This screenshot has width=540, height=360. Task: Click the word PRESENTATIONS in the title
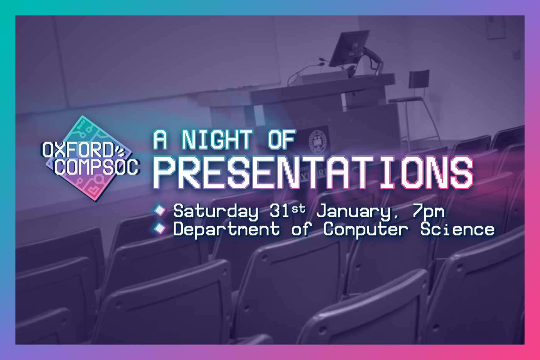click(x=313, y=172)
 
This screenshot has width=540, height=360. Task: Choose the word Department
click(x=227, y=230)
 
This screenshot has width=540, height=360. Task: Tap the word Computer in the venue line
click(x=366, y=230)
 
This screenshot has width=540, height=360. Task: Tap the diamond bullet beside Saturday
click(x=160, y=210)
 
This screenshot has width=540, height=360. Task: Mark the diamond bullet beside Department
click(x=160, y=228)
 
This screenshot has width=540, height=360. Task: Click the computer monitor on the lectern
click(x=350, y=49)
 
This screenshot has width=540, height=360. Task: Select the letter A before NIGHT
click(x=160, y=139)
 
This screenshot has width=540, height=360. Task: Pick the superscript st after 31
click(x=299, y=209)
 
